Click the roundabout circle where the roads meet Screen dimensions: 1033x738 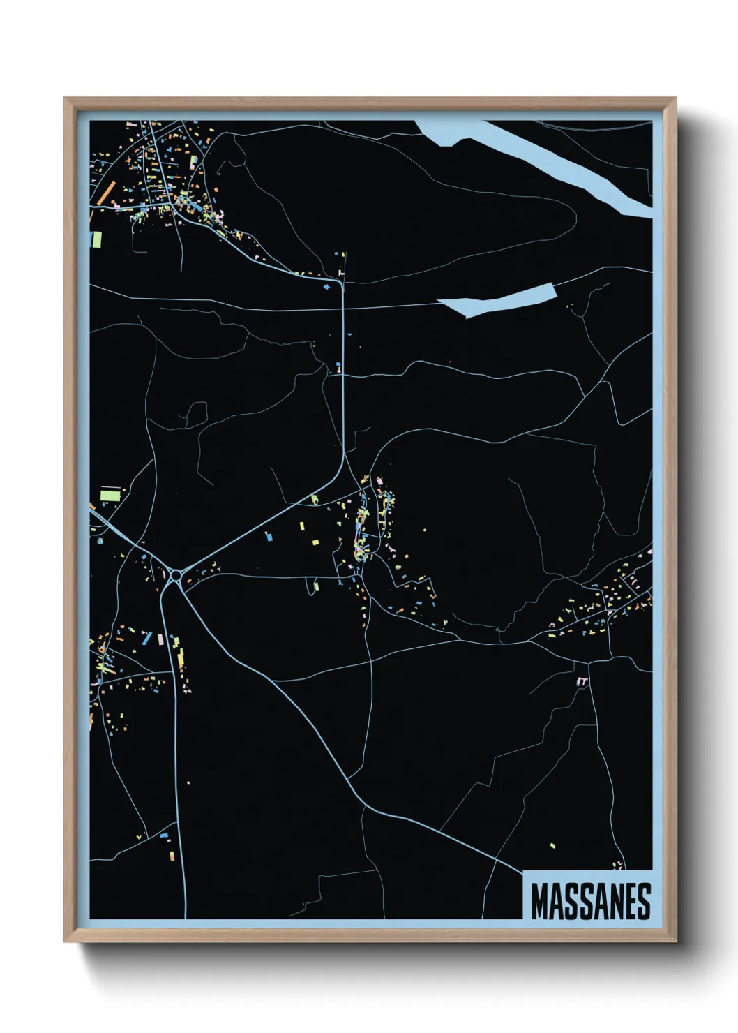[176, 576]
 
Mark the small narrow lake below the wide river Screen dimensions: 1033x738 [497, 299]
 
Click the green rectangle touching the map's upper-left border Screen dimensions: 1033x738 [96, 239]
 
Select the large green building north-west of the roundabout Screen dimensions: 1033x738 [110, 496]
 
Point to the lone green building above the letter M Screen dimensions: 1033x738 [552, 846]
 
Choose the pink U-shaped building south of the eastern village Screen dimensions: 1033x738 [582, 681]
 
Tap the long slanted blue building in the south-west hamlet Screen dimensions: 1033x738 [146, 637]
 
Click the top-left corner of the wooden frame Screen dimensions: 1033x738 [65, 98]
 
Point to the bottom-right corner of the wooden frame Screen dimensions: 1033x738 [675, 942]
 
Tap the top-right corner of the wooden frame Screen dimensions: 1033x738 [675, 98]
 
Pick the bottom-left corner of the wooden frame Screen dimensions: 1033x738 [65, 942]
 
